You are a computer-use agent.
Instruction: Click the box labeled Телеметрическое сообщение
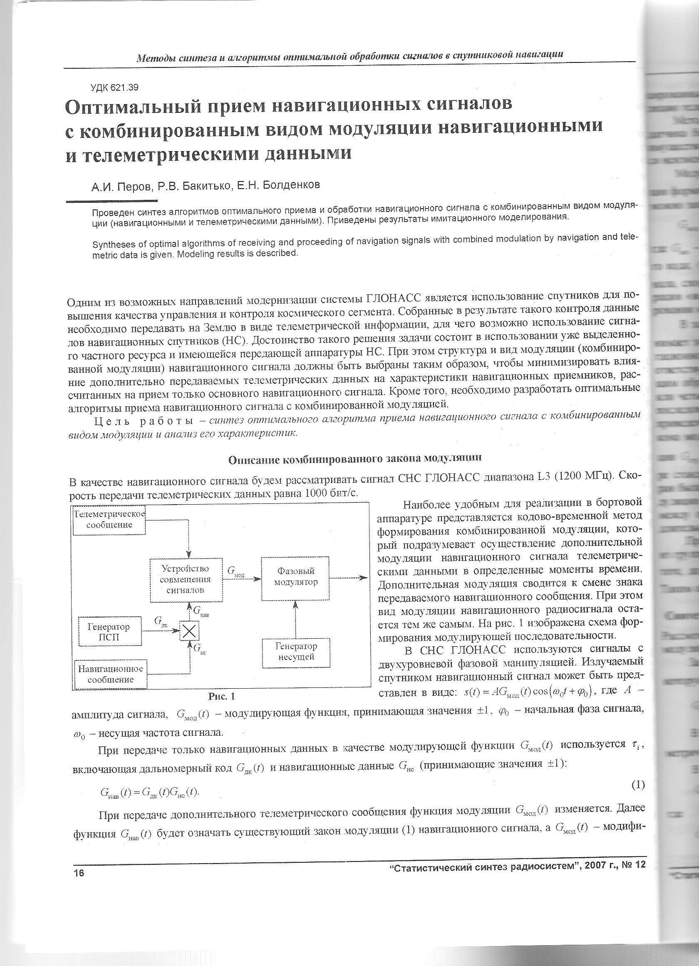(x=109, y=519)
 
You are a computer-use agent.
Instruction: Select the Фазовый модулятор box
(x=295, y=578)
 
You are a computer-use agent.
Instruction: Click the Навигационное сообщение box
(x=111, y=674)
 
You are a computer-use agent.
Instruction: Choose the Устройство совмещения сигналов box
(x=186, y=580)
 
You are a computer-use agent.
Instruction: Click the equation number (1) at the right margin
(x=637, y=784)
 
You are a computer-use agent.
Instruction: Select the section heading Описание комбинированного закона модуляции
(x=355, y=459)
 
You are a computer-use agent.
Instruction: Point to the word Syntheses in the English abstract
(x=111, y=244)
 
